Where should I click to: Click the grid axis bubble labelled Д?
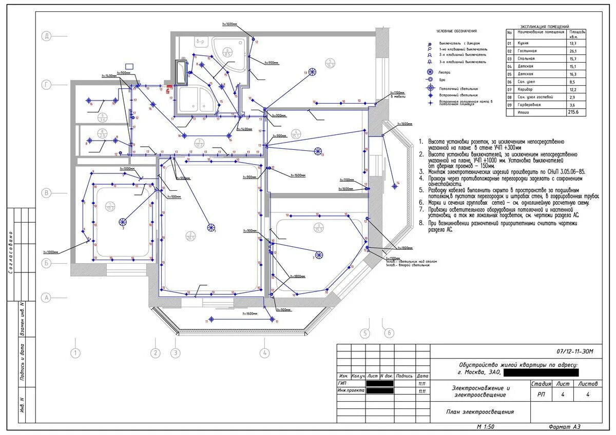click(x=47, y=36)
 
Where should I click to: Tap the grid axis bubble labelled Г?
click(x=47, y=85)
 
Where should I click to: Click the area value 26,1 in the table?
click(x=573, y=51)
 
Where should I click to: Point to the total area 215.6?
click(x=573, y=112)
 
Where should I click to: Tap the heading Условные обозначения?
click(x=456, y=31)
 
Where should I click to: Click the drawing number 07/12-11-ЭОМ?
click(x=575, y=351)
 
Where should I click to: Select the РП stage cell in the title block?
click(x=541, y=394)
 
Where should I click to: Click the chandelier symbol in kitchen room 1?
click(x=123, y=222)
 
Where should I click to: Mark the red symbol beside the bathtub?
click(x=168, y=91)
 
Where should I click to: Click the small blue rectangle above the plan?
click(x=129, y=66)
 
